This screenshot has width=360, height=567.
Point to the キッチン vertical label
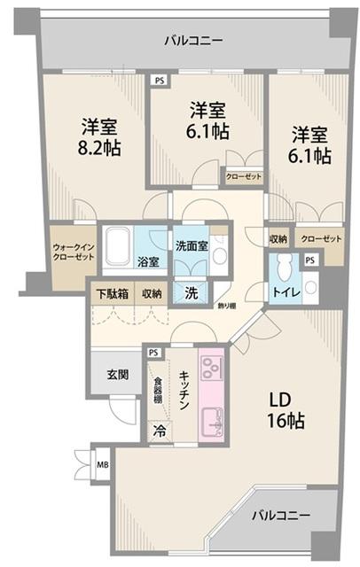coord(184,389)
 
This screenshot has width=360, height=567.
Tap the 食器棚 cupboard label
coord(159,392)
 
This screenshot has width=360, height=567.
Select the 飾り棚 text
coord(227,306)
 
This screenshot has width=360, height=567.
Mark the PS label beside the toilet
coord(309,260)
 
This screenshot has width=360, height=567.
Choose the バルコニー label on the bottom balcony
coord(278,514)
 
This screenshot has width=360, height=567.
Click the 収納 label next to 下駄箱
coord(151,293)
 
